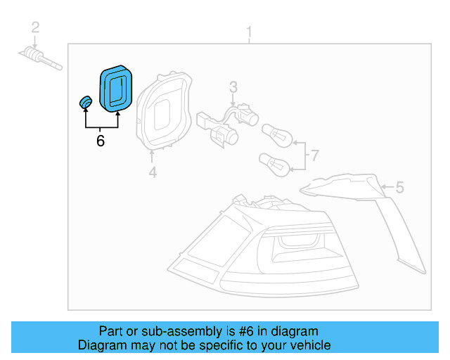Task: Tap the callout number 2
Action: [x=35, y=28]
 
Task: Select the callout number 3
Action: [x=233, y=87]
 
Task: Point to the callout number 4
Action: [x=153, y=172]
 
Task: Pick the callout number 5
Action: [x=399, y=187]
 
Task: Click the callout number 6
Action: [x=101, y=141]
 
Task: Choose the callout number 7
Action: [x=314, y=155]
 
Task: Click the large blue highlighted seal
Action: [x=116, y=87]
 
